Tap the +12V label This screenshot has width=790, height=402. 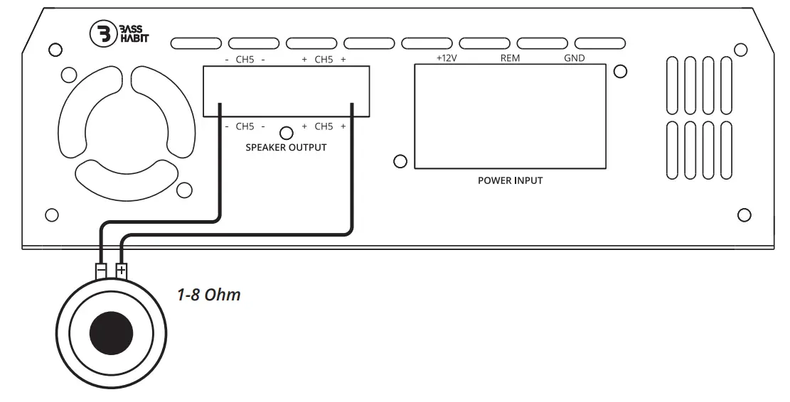(x=446, y=58)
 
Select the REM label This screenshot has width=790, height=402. (x=510, y=58)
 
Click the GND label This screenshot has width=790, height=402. (x=574, y=58)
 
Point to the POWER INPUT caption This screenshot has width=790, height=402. (x=510, y=180)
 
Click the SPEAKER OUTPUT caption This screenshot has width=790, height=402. (x=286, y=148)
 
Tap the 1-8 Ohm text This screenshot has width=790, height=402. (x=208, y=294)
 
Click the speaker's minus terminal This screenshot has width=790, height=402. (x=101, y=271)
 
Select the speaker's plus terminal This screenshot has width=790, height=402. (x=122, y=271)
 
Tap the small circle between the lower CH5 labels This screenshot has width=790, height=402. (x=287, y=133)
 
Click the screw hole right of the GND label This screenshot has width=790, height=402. (x=620, y=71)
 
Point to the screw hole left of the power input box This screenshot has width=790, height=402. (x=400, y=162)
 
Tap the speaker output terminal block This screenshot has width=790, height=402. (x=286, y=91)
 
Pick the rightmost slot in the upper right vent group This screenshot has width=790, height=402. (x=726, y=85)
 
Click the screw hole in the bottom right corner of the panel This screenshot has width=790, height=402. (x=744, y=214)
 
